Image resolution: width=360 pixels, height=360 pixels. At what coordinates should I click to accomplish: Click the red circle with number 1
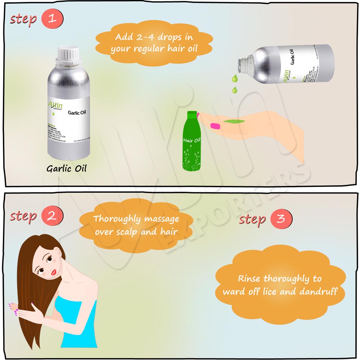[52, 19]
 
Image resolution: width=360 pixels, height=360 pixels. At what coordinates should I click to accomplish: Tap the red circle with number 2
[52, 216]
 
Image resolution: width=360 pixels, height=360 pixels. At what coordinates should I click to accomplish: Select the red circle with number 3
[281, 219]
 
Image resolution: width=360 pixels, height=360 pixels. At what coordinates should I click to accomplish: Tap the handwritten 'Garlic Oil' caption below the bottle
[67, 168]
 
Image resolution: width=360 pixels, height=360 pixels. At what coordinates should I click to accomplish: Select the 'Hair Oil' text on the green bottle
[192, 140]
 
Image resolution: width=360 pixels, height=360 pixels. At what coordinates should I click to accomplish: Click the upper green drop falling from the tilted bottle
[235, 77]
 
